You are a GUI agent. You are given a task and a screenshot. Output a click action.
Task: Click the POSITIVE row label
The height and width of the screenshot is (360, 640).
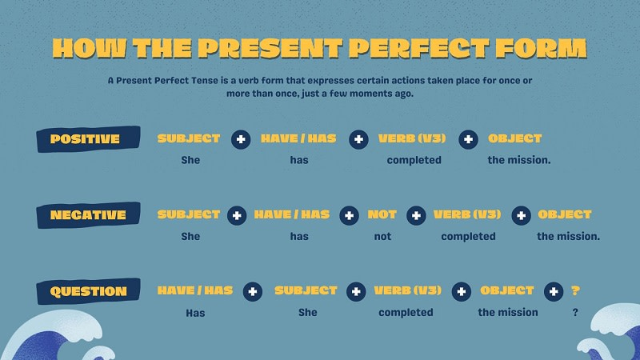[85, 139]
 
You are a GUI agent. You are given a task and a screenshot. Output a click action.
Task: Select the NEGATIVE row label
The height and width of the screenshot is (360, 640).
[88, 215]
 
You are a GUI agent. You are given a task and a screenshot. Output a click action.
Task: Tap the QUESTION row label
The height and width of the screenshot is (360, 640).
[88, 291]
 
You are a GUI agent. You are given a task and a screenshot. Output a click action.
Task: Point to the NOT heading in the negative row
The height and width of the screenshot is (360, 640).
[382, 214]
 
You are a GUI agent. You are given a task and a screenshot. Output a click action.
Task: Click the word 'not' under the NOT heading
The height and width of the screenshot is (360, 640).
[383, 236]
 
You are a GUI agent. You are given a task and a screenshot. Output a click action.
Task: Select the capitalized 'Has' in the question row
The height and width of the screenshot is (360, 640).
[195, 313]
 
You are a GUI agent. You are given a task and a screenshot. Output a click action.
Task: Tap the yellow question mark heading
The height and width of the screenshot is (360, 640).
[575, 290]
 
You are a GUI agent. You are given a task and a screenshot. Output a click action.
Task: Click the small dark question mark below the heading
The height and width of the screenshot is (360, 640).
[575, 312]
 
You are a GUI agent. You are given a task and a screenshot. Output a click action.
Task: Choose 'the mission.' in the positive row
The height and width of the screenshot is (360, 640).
[519, 160]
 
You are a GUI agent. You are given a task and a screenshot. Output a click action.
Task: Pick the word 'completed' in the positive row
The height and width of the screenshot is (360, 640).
[414, 160]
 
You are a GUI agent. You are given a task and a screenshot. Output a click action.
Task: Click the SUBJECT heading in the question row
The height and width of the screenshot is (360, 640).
[306, 290]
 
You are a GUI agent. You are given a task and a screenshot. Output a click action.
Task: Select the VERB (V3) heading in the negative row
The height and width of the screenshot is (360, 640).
[467, 214]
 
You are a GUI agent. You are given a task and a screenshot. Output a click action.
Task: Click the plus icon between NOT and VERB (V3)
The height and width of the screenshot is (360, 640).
[416, 215]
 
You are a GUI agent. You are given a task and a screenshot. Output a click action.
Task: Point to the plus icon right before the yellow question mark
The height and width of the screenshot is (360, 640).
[553, 291]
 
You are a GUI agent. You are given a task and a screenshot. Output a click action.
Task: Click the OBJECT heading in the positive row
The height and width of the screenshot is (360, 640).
[514, 138]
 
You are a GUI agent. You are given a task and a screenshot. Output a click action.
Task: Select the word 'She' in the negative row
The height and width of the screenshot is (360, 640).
[190, 236]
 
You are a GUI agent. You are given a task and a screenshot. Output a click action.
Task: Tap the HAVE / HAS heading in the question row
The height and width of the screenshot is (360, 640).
[195, 290]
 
